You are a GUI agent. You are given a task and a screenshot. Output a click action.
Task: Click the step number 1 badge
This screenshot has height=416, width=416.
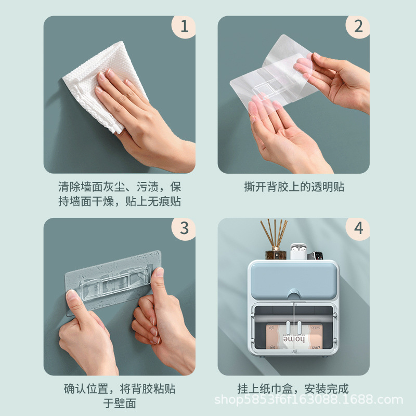click(x=184, y=27)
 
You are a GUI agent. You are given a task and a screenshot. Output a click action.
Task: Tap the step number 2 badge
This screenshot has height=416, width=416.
click(x=358, y=27)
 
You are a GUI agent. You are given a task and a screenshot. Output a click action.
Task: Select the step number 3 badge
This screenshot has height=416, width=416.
click(x=184, y=229)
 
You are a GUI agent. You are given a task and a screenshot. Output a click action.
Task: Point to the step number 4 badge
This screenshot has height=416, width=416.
click(x=358, y=229)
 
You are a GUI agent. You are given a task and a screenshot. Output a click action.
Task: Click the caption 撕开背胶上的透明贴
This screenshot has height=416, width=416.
click(x=294, y=187)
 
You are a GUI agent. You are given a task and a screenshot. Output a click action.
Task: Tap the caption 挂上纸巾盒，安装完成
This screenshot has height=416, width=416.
click(x=293, y=389)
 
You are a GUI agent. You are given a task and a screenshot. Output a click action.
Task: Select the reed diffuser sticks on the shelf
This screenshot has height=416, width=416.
click(x=274, y=233)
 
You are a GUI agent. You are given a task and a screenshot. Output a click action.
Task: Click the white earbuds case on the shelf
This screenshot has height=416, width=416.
click(x=298, y=252)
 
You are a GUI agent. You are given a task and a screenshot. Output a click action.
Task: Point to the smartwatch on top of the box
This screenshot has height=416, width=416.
click(x=315, y=256)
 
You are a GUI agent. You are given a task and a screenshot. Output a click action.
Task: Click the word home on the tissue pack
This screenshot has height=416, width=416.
click(x=294, y=339)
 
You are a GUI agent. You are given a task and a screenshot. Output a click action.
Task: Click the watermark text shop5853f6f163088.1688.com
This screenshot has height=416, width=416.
click(x=308, y=400)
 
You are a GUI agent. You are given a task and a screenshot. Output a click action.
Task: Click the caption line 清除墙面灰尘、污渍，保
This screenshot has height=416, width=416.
click(x=120, y=187)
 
